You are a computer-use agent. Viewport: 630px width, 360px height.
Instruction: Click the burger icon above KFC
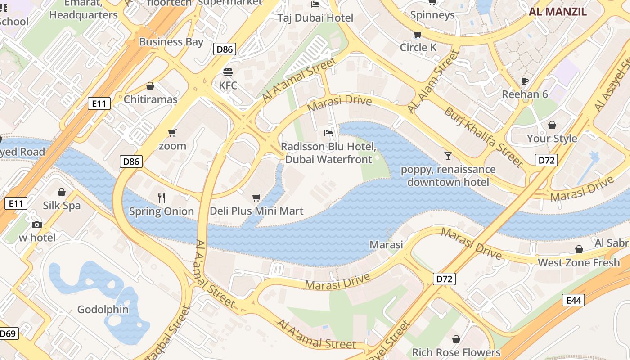[x=228, y=72]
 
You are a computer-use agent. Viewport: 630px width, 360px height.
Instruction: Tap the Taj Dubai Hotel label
[x=315, y=18]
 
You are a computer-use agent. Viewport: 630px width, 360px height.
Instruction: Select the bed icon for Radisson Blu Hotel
[x=328, y=133]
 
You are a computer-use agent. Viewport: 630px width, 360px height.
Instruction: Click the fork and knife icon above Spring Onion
[x=162, y=198]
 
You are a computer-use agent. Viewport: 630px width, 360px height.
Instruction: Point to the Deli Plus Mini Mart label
[x=256, y=211]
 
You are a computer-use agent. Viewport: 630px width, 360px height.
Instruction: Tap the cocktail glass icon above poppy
[x=448, y=156]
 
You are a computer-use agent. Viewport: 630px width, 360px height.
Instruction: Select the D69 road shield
[x=8, y=334]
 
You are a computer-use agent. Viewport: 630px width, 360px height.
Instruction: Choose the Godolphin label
[x=103, y=310]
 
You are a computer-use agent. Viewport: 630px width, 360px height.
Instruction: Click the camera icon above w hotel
[x=37, y=225]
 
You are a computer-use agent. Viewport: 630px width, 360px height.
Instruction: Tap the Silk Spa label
[x=62, y=206]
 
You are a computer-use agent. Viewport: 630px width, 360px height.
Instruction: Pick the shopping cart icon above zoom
[x=172, y=133]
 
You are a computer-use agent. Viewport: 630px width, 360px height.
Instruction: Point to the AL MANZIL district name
[x=558, y=12]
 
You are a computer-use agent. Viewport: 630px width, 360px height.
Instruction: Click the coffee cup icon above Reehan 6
[x=524, y=81]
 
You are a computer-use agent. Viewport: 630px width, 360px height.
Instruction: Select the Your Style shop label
[x=552, y=139]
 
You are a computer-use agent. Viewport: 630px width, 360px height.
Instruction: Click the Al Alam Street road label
[x=433, y=82]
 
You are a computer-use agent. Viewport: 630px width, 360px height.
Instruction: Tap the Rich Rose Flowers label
[x=456, y=352]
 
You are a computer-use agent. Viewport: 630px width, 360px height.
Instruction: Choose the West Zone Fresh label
[x=579, y=262]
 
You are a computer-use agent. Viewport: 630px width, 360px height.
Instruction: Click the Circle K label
[x=418, y=47]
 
